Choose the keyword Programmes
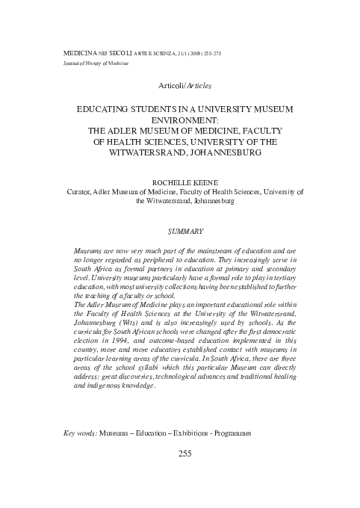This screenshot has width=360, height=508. point(229,433)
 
